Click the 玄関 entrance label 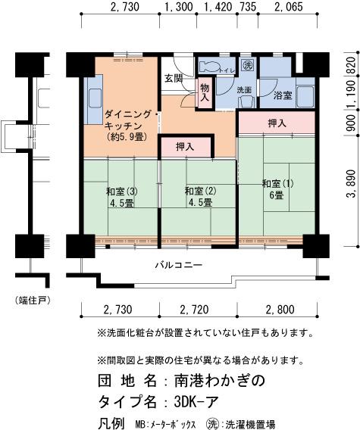pos(174,79)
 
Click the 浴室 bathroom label pos(283,95)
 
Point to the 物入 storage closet pos(205,92)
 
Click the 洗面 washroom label pos(244,90)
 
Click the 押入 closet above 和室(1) pos(277,123)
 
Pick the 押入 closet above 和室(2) pos(186,148)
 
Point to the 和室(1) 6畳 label pos(277,189)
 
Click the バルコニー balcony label pos(179,265)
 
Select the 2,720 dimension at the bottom pos(195,310)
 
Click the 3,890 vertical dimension pos(352,183)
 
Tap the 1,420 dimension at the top pos(218,7)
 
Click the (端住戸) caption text pos(33,301)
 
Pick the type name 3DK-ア pos(196,402)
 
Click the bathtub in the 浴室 pos(305,97)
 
